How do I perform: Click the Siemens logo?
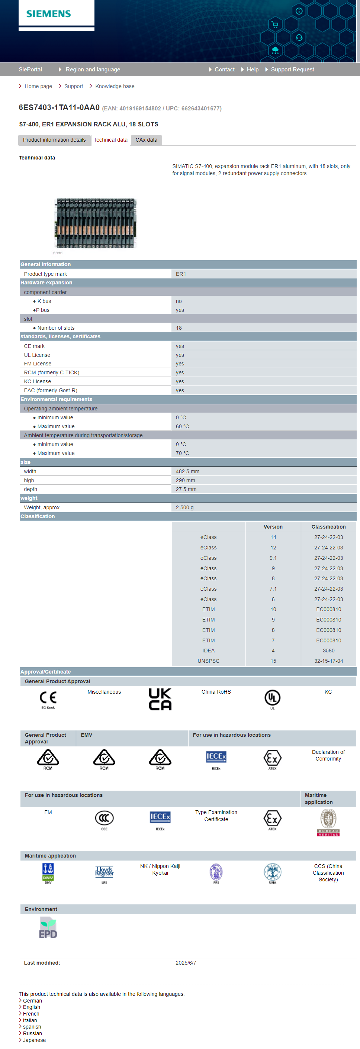point(48,14)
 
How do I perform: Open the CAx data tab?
point(146,140)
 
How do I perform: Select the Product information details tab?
point(54,140)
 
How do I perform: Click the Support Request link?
point(292,70)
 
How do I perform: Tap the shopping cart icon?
point(275,25)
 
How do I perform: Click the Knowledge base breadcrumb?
point(115,86)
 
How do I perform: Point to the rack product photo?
point(95,223)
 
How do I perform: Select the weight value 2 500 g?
point(184,508)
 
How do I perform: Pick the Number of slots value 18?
point(179,328)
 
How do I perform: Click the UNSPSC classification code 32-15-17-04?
point(328,661)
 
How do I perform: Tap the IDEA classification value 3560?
point(328,651)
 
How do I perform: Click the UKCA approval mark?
point(160,699)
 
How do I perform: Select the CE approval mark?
point(48,698)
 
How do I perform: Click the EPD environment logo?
point(48,928)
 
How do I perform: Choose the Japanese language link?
point(34,1040)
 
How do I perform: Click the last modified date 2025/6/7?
point(186,963)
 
